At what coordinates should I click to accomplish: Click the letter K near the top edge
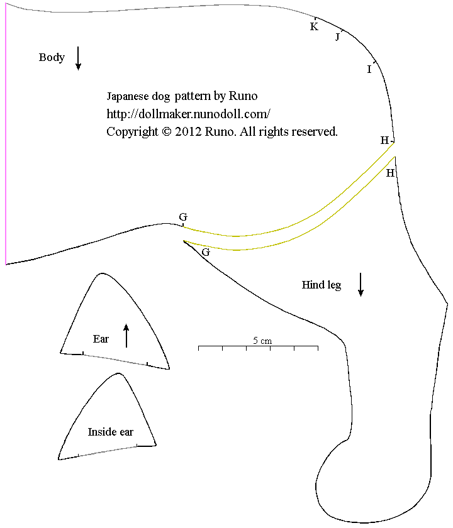click(314, 26)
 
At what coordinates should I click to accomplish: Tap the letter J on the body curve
click(337, 37)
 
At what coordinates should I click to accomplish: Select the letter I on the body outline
click(369, 69)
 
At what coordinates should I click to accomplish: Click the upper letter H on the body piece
click(384, 140)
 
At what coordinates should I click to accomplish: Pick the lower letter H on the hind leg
click(390, 173)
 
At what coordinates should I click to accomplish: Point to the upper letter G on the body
click(183, 217)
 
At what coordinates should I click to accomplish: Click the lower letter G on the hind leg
click(205, 252)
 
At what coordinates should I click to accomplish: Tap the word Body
click(52, 58)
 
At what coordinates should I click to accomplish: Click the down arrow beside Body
click(78, 58)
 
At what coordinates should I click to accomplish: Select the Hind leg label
click(321, 285)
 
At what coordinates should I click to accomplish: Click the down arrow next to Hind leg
click(361, 284)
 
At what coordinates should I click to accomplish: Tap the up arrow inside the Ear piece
click(126, 336)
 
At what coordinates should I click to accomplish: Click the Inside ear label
click(110, 432)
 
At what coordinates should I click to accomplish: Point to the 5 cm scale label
click(262, 340)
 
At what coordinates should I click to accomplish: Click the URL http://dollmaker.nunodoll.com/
click(188, 114)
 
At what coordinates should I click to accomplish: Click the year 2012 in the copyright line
click(188, 132)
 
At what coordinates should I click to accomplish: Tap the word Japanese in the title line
click(128, 96)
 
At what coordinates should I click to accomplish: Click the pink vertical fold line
click(6, 138)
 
